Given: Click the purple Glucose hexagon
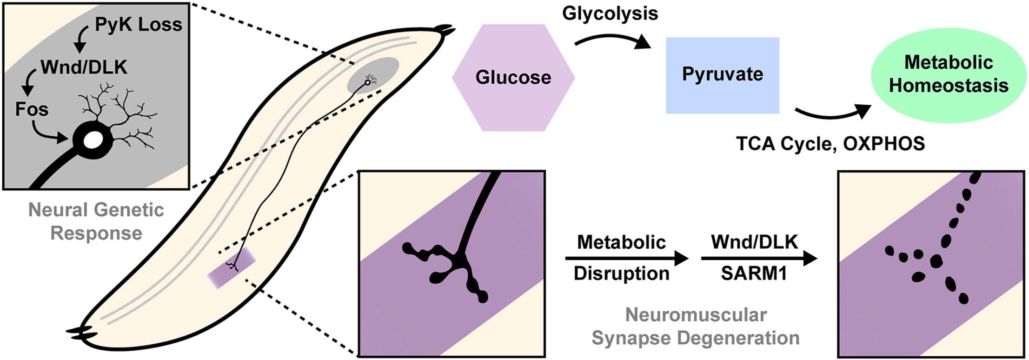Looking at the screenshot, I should tap(513, 77).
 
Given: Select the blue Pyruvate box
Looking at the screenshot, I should tap(722, 75).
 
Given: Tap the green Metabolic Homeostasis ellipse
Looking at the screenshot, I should tap(949, 74).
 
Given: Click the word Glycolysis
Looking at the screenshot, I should tap(610, 13).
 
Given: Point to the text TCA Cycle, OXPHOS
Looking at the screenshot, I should tap(830, 144).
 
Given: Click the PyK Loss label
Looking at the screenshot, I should tap(138, 25).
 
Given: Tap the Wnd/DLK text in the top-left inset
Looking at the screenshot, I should tap(84, 67).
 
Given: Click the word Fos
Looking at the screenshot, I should tap(32, 109).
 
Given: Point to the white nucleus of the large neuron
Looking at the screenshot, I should tap(93, 140).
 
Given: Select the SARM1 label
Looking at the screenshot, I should tap(754, 273).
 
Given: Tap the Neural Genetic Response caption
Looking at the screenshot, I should tap(96, 221).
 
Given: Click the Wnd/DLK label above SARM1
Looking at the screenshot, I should tap(754, 242).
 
